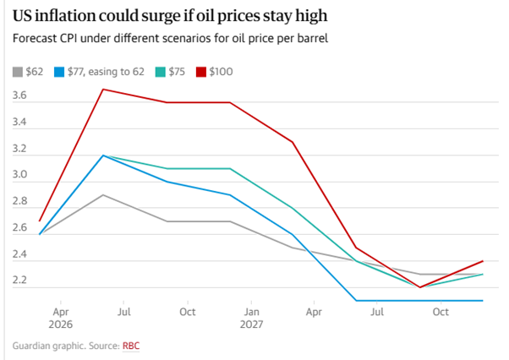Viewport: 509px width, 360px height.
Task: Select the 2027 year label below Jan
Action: (x=251, y=324)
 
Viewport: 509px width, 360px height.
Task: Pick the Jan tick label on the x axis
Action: (x=251, y=312)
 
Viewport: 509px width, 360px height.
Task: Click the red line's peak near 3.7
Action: (x=103, y=89)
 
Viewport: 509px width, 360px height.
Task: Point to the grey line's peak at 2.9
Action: (x=103, y=194)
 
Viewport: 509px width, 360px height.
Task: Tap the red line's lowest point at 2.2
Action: (x=419, y=287)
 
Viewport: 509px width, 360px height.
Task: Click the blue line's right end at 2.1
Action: (x=483, y=300)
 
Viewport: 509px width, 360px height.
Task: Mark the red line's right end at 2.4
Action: (x=483, y=260)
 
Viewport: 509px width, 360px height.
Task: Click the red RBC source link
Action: (x=131, y=346)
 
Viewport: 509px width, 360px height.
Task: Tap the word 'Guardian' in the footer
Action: (x=34, y=346)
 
